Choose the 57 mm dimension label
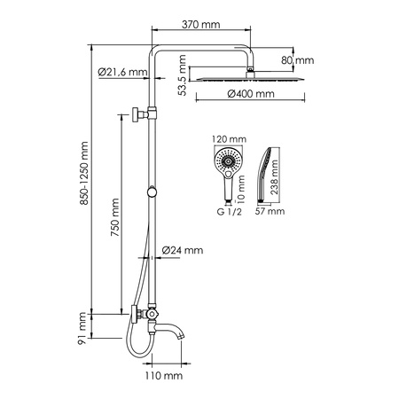[271, 213]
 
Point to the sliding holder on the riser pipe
[154, 193]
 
